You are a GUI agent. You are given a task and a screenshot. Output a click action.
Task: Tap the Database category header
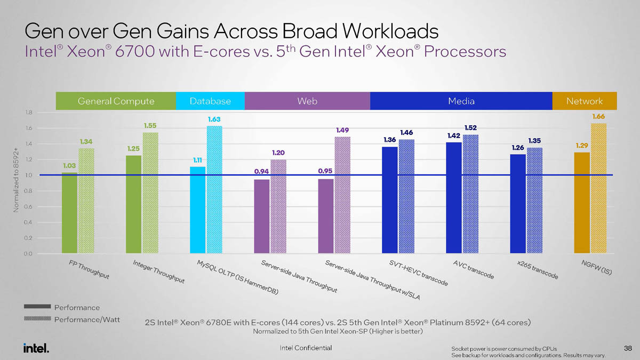210,101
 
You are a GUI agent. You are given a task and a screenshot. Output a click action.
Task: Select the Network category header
585,101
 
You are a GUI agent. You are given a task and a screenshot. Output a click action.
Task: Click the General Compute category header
116,101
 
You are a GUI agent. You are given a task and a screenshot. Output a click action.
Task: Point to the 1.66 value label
598,116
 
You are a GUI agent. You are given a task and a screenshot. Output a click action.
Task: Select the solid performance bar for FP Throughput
69,213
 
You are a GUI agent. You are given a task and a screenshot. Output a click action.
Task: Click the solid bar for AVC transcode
453,198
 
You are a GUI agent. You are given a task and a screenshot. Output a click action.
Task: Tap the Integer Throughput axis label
159,273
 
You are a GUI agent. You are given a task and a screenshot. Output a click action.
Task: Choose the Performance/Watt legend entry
87,319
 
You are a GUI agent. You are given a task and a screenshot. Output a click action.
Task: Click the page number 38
627,348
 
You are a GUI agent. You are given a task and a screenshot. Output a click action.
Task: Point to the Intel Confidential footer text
306,348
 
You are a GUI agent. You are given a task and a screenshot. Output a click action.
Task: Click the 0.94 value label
261,172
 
